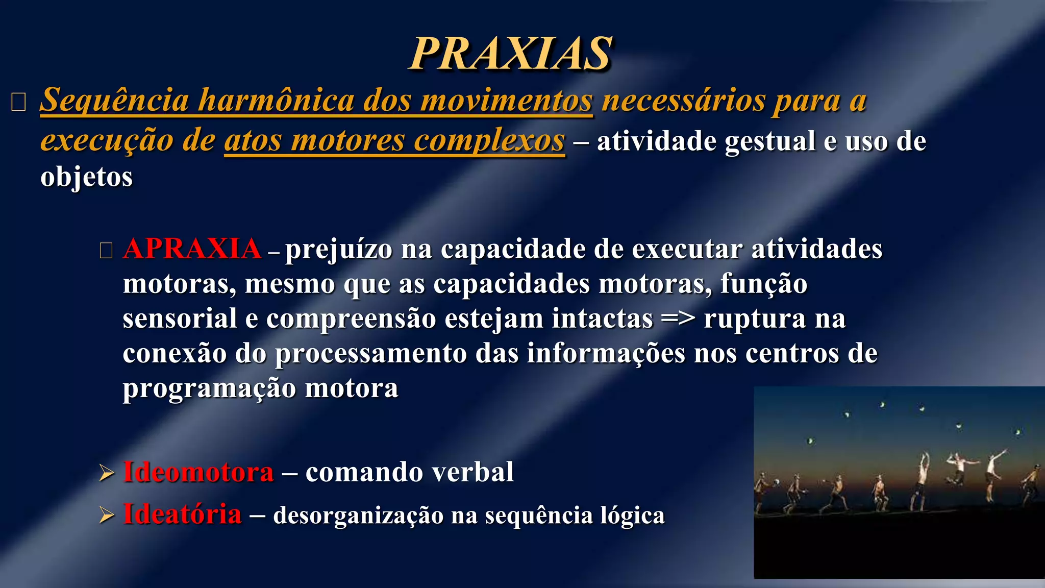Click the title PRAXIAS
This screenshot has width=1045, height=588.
tap(510, 54)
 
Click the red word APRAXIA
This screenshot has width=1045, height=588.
tap(192, 249)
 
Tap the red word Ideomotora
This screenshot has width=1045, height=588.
tap(198, 472)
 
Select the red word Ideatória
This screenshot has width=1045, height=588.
tap(182, 514)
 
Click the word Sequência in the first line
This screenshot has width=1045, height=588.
tap(115, 100)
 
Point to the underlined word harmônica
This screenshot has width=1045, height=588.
tap(276, 100)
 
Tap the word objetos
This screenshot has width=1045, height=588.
tap(86, 177)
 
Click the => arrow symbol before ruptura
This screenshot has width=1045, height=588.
tap(678, 319)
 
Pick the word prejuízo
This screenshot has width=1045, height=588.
tap(339, 250)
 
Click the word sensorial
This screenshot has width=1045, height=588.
tap(180, 318)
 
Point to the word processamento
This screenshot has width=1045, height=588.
tap(371, 354)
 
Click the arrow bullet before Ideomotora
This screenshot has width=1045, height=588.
tap(107, 473)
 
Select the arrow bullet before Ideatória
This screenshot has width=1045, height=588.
tap(107, 515)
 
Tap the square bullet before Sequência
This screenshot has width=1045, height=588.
tap(18, 102)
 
